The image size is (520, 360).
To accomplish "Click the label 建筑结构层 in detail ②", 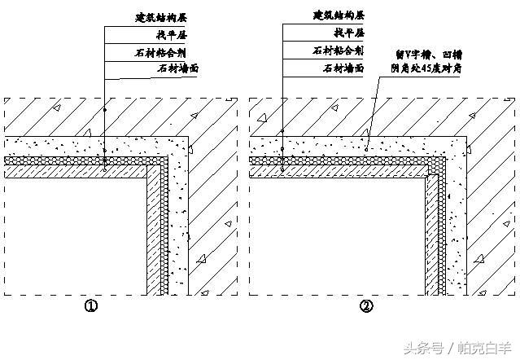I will click(x=339, y=15).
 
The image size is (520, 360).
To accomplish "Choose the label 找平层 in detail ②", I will click(x=347, y=34).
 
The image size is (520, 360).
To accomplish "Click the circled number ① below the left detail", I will click(x=91, y=307).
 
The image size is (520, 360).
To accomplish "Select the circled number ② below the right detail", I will click(x=366, y=307).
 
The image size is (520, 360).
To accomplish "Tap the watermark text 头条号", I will click(x=426, y=348).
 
